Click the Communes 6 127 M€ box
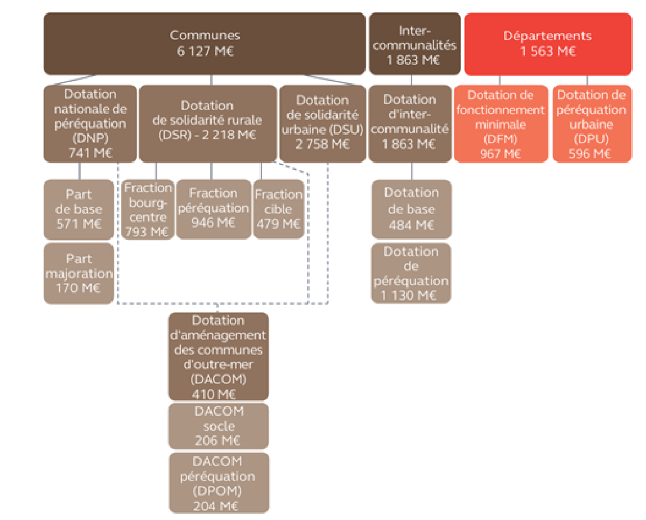click(205, 44)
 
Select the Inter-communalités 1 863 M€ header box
click(414, 44)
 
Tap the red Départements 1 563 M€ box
click(547, 44)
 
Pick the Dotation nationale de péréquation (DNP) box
click(90, 123)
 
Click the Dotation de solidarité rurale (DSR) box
click(207, 123)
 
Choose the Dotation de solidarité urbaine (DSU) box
click(322, 123)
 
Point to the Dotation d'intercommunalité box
click(410, 123)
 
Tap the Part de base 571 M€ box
click(79, 209)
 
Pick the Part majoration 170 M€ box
click(79, 273)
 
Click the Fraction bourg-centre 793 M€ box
click(148, 209)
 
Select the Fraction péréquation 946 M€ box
click(213, 209)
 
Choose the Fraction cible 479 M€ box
click(278, 209)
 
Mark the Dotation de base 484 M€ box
click(411, 209)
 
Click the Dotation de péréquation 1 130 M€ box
click(411, 273)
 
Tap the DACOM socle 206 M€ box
click(218, 426)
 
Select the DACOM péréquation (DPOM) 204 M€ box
click(218, 483)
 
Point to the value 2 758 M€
click(322, 144)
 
